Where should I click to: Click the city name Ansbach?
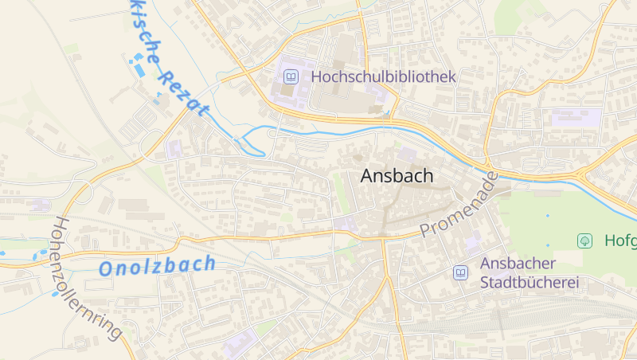click(397, 176)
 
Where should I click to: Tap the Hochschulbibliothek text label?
click(383, 76)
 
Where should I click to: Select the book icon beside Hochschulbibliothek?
click(291, 77)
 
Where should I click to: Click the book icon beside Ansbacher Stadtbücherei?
click(460, 272)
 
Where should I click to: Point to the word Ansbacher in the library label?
click(518, 263)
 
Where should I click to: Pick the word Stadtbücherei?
click(530, 282)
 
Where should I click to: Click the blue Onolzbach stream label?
click(157, 266)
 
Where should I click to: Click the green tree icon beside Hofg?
click(585, 240)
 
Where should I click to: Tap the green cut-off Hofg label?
click(619, 240)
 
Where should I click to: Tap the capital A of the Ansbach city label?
click(367, 176)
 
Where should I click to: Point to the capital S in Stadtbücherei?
click(485, 282)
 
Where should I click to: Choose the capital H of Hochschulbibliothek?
click(318, 76)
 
